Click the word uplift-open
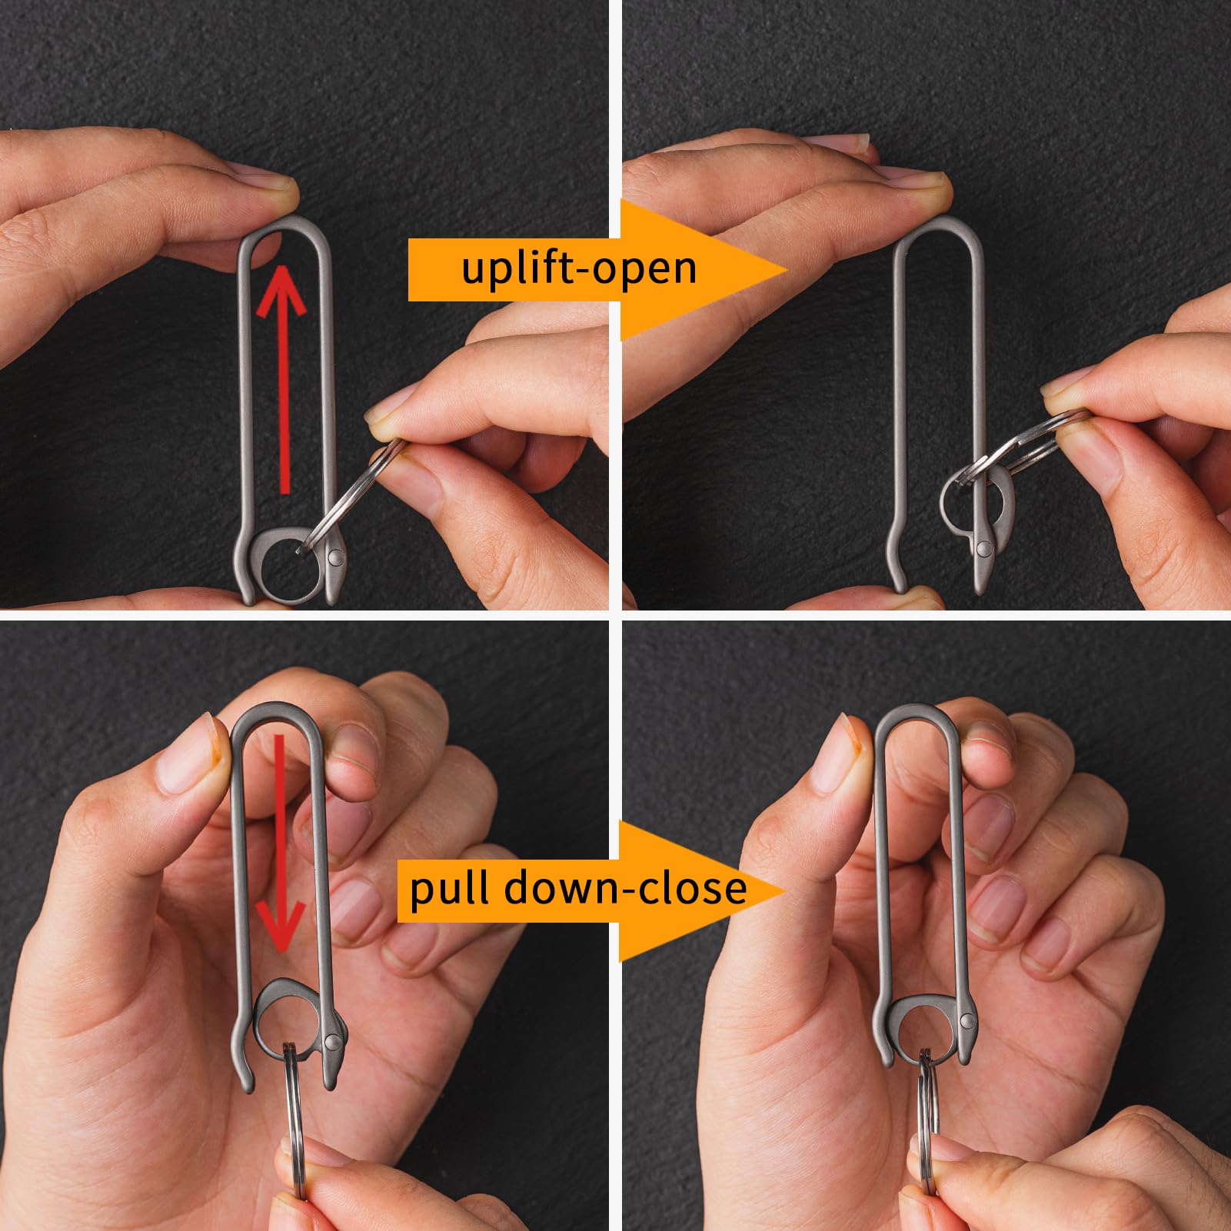(579, 268)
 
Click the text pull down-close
(578, 888)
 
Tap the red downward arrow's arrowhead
(281, 924)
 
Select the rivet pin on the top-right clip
(983, 548)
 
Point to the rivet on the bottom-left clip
(332, 1041)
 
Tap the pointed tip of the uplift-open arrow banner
(788, 269)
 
